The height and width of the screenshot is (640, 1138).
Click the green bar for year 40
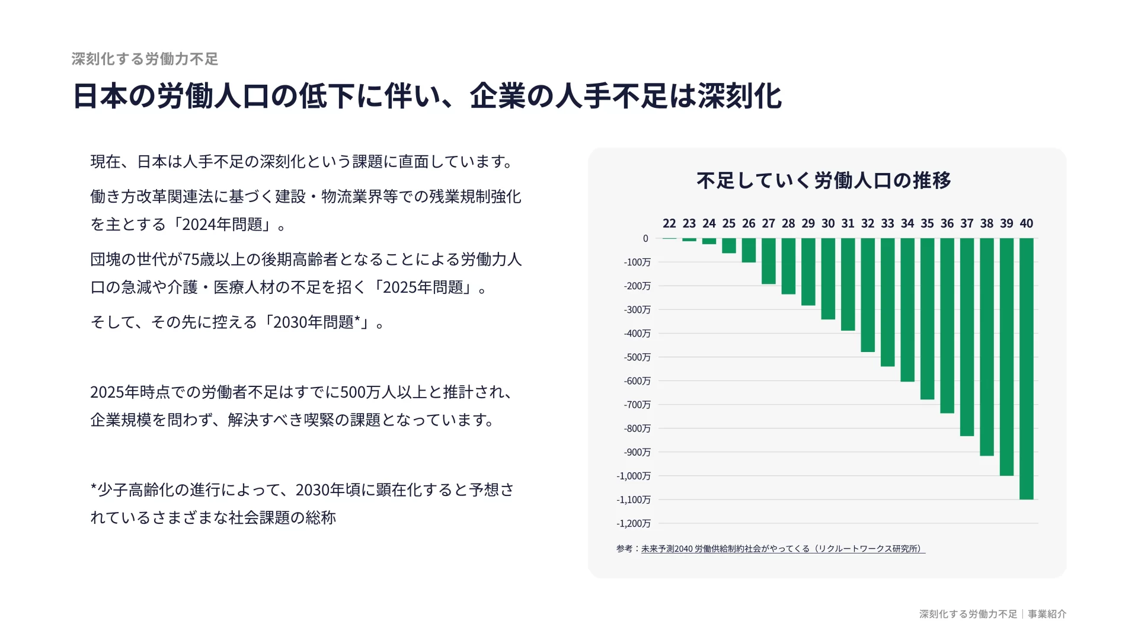1027,369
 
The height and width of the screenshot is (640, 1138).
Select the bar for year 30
828,279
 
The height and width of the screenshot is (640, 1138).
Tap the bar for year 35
928,319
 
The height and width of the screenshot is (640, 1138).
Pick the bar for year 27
769,261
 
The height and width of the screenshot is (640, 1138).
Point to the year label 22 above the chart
669,223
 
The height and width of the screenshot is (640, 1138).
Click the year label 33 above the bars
887,223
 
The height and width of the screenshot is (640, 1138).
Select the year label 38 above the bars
987,223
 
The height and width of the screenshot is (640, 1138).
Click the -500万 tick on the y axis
637,357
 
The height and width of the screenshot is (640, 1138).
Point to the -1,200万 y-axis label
634,523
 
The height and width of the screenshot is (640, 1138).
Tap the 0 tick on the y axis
645,238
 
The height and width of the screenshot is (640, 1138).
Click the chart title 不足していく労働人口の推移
824,180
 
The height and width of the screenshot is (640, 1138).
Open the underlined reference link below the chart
782,549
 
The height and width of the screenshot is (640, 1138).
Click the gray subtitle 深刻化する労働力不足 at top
145,59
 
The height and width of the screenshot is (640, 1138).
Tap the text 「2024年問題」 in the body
222,225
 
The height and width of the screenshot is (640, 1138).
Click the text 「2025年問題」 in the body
423,287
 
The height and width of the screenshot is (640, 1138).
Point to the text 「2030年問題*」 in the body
318,322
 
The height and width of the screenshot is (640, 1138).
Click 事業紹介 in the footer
1047,615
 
